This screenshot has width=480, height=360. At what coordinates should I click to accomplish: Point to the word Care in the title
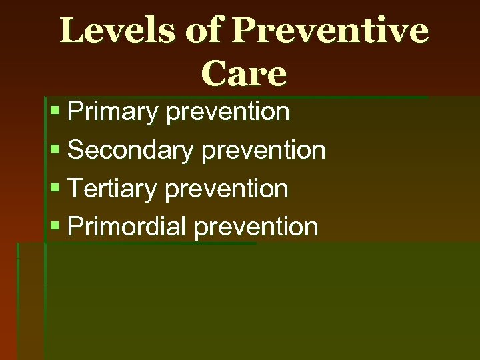coord(243,74)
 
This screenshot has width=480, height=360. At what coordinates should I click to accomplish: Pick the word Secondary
coord(130,151)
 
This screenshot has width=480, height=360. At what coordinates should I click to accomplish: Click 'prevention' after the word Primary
coord(228,113)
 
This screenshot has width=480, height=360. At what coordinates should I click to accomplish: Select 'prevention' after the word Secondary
coord(263,151)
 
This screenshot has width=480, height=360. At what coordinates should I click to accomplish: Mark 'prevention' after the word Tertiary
coord(226,189)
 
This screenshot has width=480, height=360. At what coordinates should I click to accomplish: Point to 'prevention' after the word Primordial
coord(257,227)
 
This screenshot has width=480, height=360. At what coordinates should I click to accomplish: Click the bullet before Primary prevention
coord(55,112)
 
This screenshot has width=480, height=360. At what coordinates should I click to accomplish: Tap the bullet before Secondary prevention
coord(55,150)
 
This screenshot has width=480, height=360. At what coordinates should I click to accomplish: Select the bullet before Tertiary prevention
coord(55,188)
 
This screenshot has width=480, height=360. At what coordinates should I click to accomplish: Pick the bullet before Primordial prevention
coord(55,226)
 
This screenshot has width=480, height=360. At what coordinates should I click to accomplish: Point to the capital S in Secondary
coord(76,151)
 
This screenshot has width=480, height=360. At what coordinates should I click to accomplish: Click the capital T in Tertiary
coord(75,189)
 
